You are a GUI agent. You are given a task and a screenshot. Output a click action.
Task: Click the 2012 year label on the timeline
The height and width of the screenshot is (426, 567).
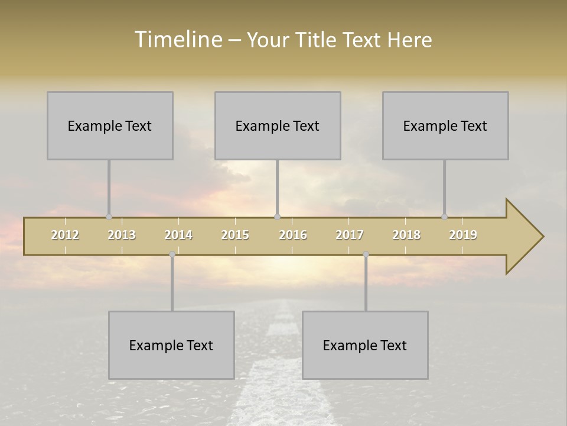[x=65, y=235]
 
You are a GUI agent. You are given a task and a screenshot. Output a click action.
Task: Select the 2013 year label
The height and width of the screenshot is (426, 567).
[x=122, y=235]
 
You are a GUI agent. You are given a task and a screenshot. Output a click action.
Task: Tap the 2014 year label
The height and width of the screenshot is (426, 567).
[x=178, y=235]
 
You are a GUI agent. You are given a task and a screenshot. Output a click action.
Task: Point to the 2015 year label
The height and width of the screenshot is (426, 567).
[x=235, y=235]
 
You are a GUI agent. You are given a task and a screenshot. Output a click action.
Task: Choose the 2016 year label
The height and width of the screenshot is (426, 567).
[x=293, y=235]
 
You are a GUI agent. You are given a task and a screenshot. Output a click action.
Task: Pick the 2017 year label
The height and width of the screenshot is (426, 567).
[x=350, y=235]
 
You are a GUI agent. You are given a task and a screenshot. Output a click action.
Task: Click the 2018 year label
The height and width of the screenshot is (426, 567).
[x=406, y=235]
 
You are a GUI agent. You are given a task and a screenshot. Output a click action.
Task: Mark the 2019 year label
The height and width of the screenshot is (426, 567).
[x=463, y=235]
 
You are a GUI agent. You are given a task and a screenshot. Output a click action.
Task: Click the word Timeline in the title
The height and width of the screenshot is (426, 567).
[x=178, y=39]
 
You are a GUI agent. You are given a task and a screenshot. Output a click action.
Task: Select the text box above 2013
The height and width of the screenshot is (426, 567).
[x=110, y=125]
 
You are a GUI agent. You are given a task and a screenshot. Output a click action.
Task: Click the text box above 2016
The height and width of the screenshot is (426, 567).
[x=278, y=125]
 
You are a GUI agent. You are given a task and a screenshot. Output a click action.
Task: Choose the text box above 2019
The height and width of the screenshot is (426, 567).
[x=445, y=125]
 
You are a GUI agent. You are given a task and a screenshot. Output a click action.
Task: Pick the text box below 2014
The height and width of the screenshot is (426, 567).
[x=171, y=345]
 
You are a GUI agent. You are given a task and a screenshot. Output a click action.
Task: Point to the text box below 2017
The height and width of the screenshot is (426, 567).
[x=365, y=345]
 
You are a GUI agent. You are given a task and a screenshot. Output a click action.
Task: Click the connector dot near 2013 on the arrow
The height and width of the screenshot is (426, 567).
[x=109, y=217]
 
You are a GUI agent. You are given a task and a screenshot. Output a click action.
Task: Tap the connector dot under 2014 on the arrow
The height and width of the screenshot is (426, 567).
[x=172, y=254]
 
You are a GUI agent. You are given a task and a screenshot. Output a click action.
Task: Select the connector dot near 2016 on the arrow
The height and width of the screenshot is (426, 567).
[x=277, y=217]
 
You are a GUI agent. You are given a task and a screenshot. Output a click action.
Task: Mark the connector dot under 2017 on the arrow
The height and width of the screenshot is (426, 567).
[x=366, y=254]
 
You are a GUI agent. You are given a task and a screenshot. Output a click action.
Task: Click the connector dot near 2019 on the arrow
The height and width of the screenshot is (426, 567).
[x=444, y=217]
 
